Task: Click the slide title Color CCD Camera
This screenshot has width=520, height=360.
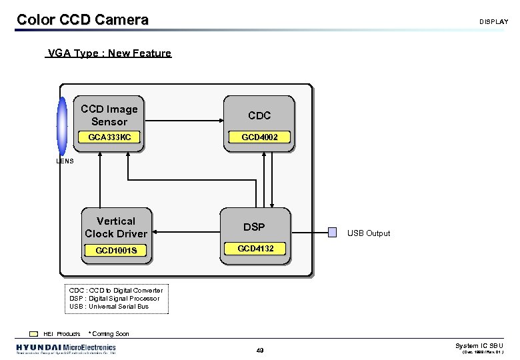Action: coord(82,20)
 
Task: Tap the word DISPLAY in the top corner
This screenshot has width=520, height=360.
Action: coord(493,22)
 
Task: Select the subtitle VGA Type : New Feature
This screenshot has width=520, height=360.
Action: coord(109,53)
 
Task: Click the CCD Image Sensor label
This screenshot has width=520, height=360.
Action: coord(109,115)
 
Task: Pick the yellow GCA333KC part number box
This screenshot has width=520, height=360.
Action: coord(109,137)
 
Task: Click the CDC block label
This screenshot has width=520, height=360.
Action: coord(259,116)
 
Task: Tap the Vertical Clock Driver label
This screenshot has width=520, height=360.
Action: coord(116,227)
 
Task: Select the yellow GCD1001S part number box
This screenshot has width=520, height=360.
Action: coord(116,251)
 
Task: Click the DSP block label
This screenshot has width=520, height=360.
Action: coord(254,227)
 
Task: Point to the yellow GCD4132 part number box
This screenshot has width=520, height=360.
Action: coord(256,249)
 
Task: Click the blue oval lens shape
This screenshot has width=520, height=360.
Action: coord(62,127)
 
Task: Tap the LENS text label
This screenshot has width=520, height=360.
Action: coord(65,161)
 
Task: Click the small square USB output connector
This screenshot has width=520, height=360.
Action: coord(333,233)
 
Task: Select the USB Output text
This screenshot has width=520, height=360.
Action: coord(369,233)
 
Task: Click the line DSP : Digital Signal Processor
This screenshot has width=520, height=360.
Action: coord(114,298)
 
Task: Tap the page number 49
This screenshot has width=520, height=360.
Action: coord(260,350)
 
